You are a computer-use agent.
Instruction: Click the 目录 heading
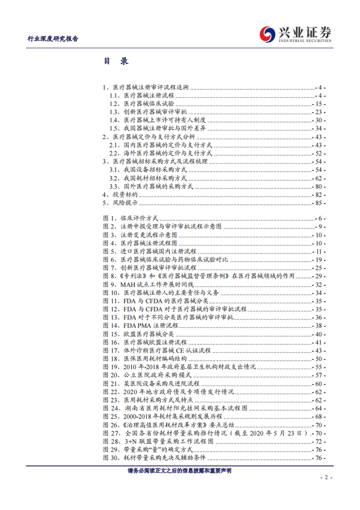(x=116, y=61)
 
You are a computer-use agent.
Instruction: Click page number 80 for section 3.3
(x=321, y=186)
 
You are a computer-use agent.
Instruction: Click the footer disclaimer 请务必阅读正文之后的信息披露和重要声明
(x=179, y=469)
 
